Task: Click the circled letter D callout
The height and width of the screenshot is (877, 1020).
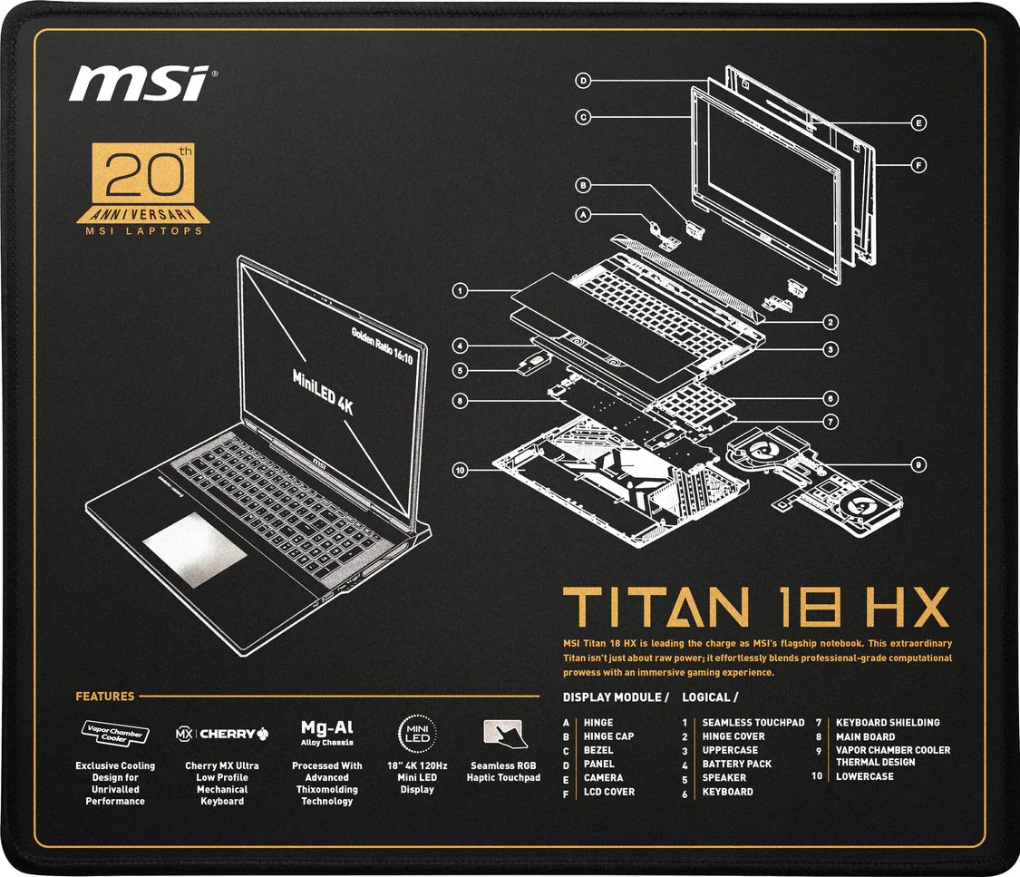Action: click(584, 81)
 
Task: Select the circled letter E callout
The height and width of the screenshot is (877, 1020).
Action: click(918, 123)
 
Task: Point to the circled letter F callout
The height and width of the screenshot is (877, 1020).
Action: click(918, 165)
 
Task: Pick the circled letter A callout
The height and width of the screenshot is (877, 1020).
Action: click(584, 214)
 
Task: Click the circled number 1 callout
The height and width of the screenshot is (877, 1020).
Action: click(460, 290)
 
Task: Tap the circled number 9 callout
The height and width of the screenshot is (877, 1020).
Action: click(918, 464)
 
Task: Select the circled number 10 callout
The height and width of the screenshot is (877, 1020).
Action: click(460, 470)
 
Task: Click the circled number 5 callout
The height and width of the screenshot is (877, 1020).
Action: click(460, 371)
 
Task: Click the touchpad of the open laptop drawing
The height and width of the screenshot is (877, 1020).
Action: click(195, 550)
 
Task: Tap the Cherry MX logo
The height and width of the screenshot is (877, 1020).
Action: click(222, 734)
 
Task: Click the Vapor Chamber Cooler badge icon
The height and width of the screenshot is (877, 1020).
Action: click(115, 734)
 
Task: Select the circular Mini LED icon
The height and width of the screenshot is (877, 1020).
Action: click(417, 734)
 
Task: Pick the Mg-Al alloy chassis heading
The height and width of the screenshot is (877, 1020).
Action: click(327, 732)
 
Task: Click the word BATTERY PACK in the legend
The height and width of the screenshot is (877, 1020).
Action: click(736, 764)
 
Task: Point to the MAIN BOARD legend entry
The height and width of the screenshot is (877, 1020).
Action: click(865, 736)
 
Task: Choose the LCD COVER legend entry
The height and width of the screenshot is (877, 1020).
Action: click(609, 792)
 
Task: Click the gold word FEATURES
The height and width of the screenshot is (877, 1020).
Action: click(105, 697)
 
